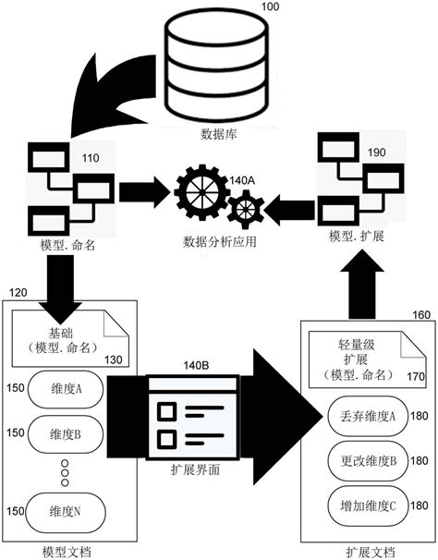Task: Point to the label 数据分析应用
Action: (x=219, y=242)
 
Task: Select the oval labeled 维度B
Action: (x=67, y=432)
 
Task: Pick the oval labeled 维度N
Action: (x=67, y=510)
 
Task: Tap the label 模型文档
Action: (x=67, y=552)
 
